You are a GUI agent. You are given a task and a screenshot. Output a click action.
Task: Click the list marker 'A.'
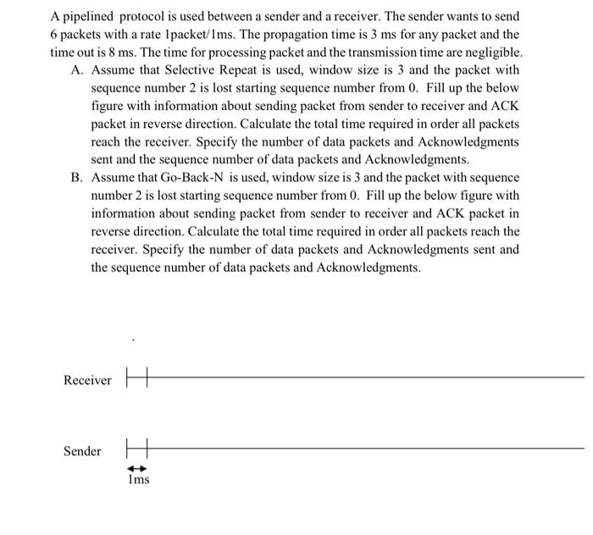click(x=78, y=70)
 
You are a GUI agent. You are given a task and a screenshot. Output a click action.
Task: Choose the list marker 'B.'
click(x=78, y=179)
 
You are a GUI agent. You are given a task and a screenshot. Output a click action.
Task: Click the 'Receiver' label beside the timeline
click(x=87, y=380)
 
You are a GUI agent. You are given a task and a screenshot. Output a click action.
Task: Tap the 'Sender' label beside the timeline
click(x=82, y=451)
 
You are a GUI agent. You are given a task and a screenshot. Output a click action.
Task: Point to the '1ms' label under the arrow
click(x=137, y=480)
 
